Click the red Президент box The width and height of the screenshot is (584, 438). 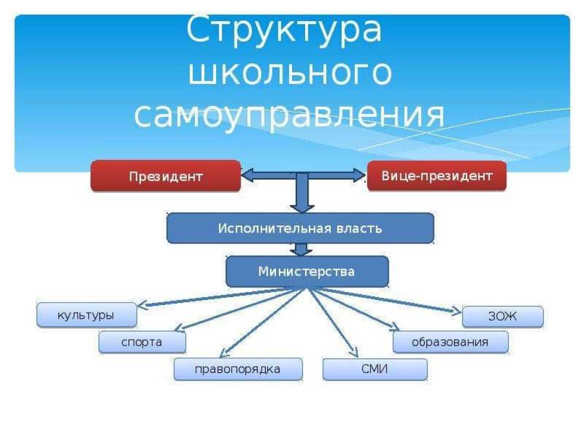coord(165,176)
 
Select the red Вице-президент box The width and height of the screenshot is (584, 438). coord(436,176)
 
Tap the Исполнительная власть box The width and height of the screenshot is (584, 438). coord(300,228)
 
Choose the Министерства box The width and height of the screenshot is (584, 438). coord(307,271)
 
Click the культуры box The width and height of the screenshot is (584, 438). coord(86,315)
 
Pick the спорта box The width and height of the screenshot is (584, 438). coord(142,342)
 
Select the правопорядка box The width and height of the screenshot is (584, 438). coord(238,369)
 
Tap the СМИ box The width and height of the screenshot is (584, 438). coord(375,369)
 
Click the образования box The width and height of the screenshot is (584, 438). coord(450,342)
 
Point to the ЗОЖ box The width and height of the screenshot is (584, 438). coord(502,317)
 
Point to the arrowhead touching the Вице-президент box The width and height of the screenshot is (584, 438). coord(359,175)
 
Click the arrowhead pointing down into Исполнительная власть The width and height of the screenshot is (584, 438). coord(302,206)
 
